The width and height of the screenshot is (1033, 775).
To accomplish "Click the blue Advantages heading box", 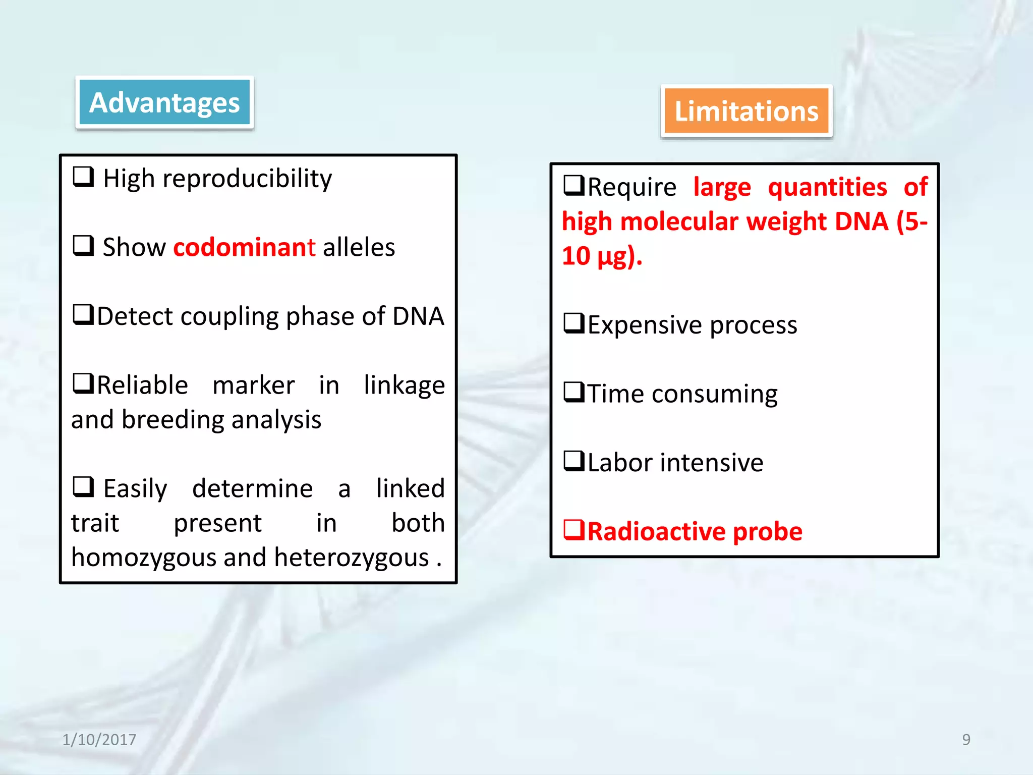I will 164,103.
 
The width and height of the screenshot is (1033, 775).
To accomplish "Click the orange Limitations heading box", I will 746,112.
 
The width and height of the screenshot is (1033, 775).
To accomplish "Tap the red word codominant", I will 244,248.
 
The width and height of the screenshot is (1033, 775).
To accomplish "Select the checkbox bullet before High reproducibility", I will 83,177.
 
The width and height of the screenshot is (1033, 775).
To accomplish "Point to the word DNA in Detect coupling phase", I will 418,316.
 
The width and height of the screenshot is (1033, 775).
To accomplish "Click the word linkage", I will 404,386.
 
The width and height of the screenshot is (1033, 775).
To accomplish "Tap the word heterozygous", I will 351,558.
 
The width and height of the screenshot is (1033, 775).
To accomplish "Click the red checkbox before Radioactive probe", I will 573,530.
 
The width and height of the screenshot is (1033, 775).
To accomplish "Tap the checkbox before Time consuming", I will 573,392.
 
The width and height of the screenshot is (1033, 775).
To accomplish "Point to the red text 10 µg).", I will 602,256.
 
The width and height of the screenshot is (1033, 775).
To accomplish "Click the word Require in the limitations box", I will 632,188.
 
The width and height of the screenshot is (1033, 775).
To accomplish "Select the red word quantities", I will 827,188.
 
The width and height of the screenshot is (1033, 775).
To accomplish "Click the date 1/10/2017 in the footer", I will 99,740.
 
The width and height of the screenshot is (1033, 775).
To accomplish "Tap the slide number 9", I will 966,740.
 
